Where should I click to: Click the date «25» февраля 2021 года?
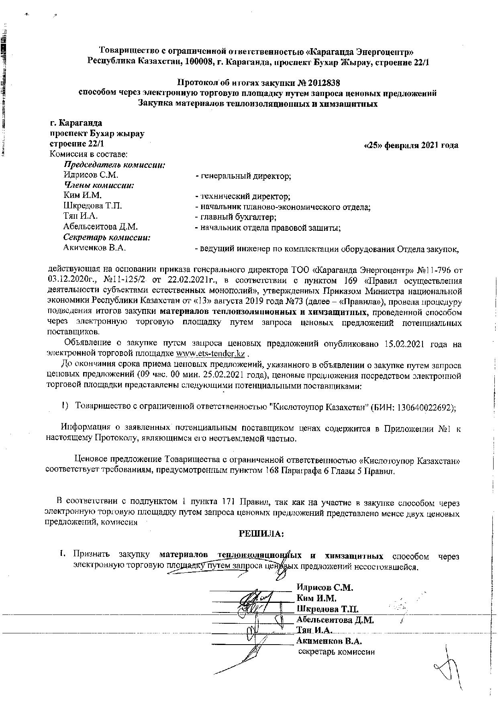[410, 145]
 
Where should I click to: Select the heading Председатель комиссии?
[115, 165]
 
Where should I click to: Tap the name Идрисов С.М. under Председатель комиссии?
[91, 175]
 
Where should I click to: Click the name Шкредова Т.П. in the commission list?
[93, 206]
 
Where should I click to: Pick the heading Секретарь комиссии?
[107, 238]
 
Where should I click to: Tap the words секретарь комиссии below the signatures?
[336, 652]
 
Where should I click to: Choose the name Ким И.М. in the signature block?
[316, 598]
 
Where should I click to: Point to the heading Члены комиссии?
[99, 185]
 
